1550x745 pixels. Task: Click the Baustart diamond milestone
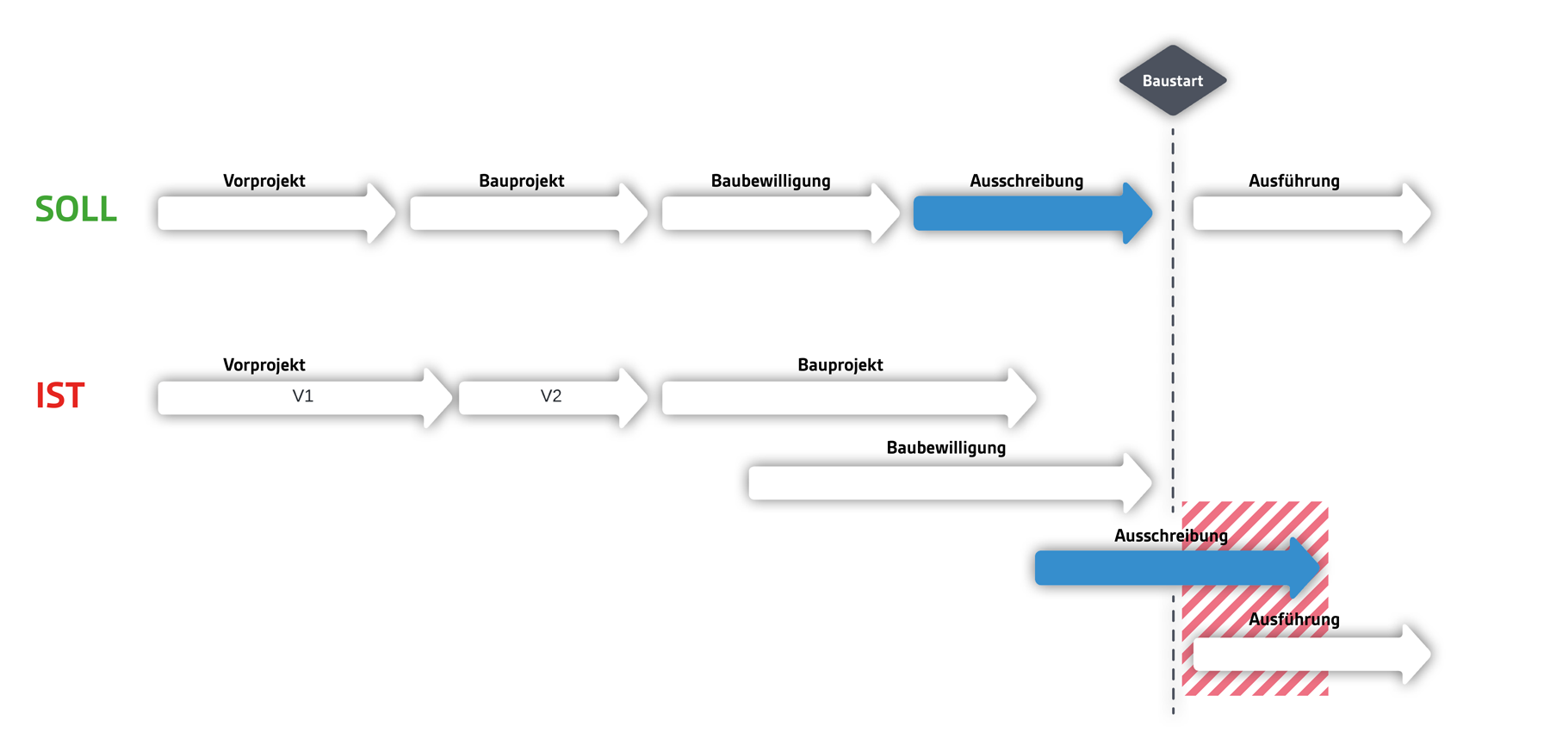pos(1172,80)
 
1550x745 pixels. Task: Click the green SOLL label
pos(76,209)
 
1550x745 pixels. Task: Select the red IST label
pos(59,395)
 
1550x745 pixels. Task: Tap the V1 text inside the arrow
pos(302,396)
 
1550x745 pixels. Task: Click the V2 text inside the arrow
pos(550,396)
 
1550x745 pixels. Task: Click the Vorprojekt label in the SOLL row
pos(263,181)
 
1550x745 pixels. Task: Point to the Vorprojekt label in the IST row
pos(263,365)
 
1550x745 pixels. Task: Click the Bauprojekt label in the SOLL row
pos(521,181)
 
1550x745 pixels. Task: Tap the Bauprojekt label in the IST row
pos(840,365)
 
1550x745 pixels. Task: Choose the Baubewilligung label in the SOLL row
pos(770,181)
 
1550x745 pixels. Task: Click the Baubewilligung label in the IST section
pos(945,448)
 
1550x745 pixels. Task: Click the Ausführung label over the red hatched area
pos(1293,619)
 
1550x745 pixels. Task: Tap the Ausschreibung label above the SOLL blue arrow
pos(1026,181)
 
